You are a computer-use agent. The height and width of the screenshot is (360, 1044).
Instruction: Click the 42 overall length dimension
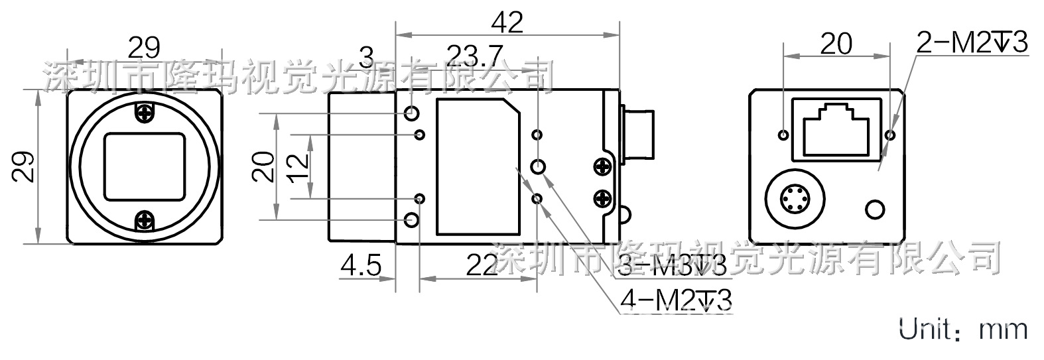[507, 23]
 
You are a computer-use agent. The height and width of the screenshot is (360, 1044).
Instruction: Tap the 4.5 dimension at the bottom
[360, 267]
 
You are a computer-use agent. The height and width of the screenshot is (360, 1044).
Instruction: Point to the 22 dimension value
[480, 267]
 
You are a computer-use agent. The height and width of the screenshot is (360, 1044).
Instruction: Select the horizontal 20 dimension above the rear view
[836, 44]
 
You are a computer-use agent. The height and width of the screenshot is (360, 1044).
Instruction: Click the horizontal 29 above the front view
[144, 47]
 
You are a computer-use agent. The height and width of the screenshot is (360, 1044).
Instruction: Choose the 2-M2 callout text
[971, 44]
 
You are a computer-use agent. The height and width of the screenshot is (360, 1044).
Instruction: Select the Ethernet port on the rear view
[836, 130]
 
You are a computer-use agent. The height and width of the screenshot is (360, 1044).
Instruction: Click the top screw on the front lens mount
[144, 113]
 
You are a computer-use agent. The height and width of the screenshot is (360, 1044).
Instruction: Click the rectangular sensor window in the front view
[144, 166]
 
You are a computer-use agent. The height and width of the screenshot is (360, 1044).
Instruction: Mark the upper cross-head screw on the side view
[603, 166]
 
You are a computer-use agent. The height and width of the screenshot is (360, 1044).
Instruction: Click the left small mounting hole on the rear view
[784, 135]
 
